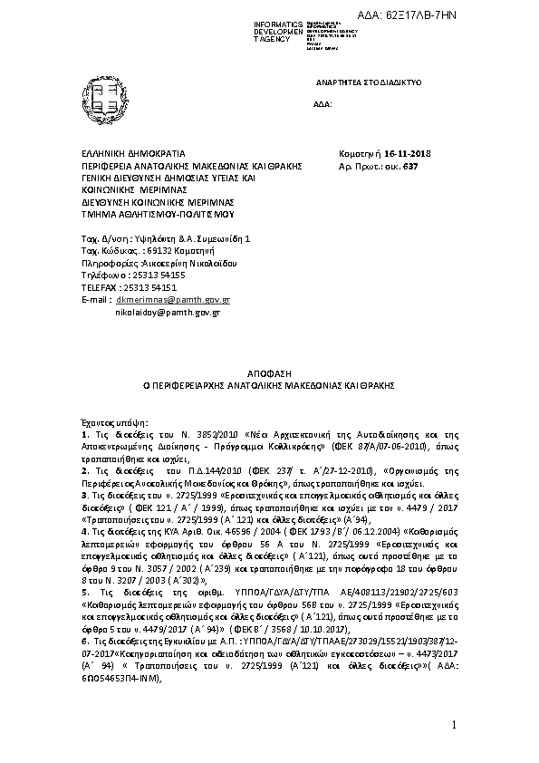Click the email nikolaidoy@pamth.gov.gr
click(168, 312)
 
